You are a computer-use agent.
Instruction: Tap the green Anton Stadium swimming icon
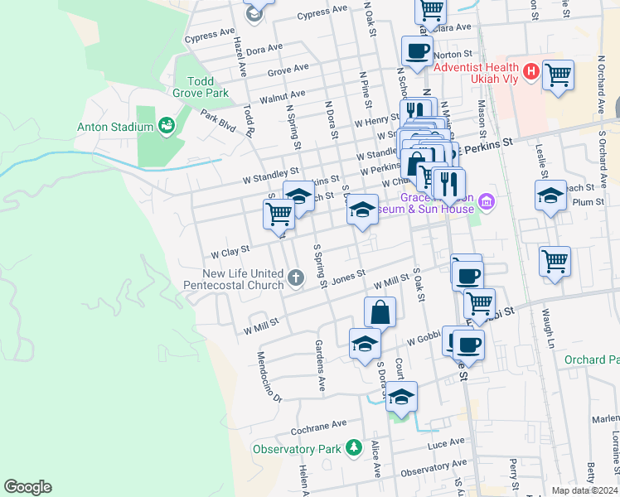pyautogui.click(x=166, y=126)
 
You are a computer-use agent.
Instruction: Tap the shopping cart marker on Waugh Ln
pyautogui.click(x=555, y=261)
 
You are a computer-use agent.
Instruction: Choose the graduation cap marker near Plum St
pyautogui.click(x=550, y=197)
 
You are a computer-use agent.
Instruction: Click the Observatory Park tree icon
pyautogui.click(x=355, y=448)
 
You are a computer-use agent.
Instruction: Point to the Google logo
pyautogui.click(x=27, y=487)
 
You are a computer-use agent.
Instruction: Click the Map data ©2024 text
pyautogui.click(x=584, y=490)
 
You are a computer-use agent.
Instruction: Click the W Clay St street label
pyautogui.click(x=230, y=249)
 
